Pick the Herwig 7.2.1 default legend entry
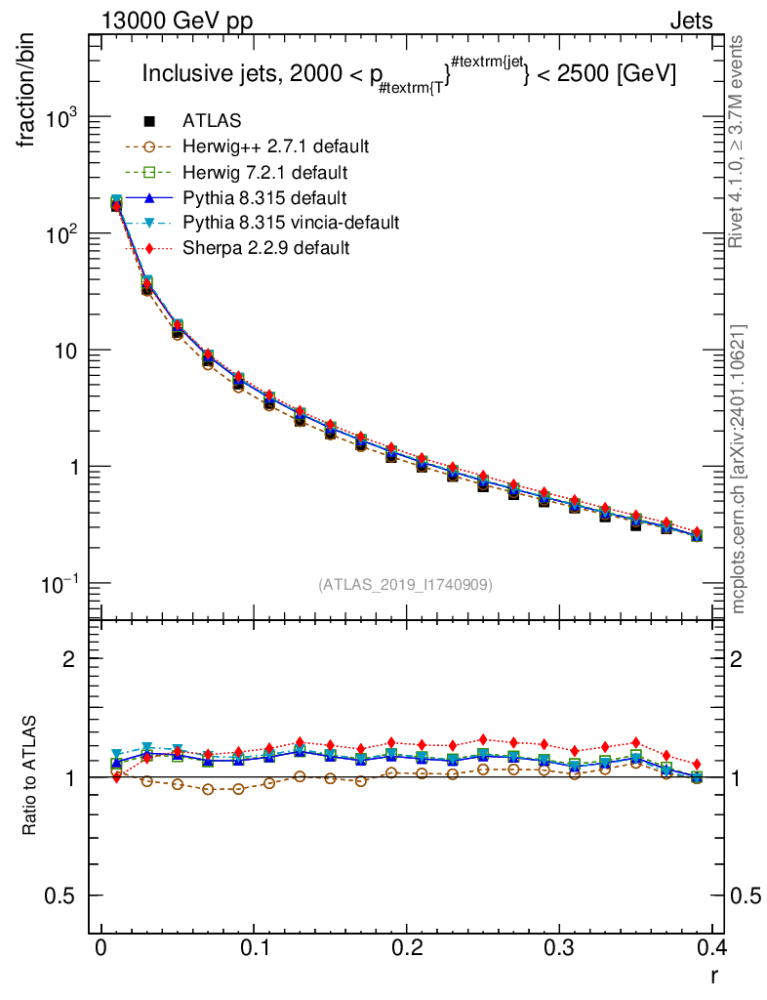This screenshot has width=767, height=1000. click(x=264, y=173)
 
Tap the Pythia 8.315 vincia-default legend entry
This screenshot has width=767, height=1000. click(x=291, y=223)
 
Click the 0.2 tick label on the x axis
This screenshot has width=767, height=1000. click(x=407, y=948)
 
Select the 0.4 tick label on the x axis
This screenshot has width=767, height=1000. click(x=711, y=948)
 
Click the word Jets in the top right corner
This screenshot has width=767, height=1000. click(x=690, y=21)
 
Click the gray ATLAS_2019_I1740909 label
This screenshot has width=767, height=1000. click(x=405, y=585)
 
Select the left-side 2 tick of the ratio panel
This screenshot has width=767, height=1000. click(x=69, y=658)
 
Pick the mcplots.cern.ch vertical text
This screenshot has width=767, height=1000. click(x=739, y=469)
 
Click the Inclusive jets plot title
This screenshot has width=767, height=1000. click(x=409, y=74)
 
